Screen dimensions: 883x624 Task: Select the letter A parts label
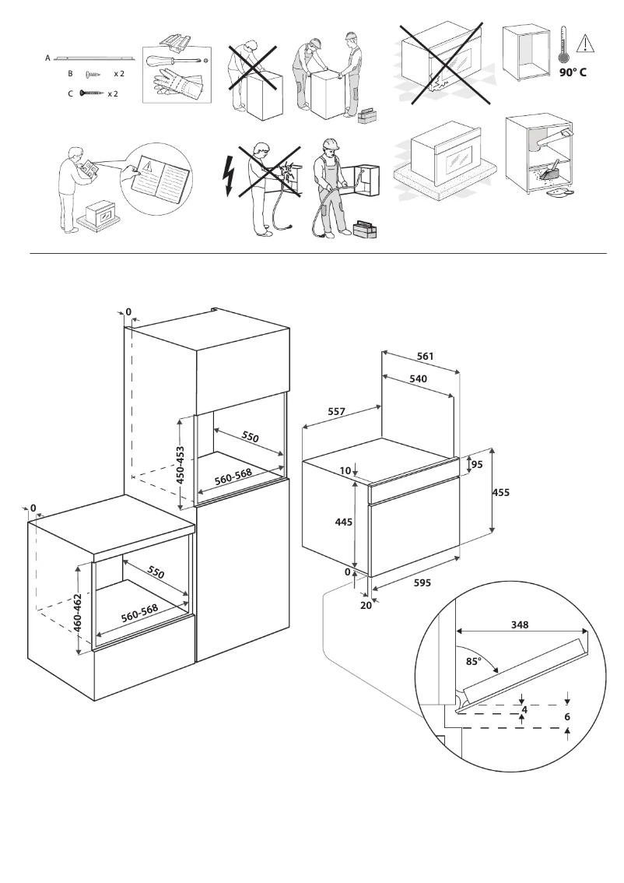coord(48,58)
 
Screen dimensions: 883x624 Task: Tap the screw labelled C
coord(91,93)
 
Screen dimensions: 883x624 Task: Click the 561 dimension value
coord(424,356)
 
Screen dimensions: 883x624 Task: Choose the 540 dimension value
coord(419,378)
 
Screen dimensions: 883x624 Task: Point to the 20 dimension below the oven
coord(366,606)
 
